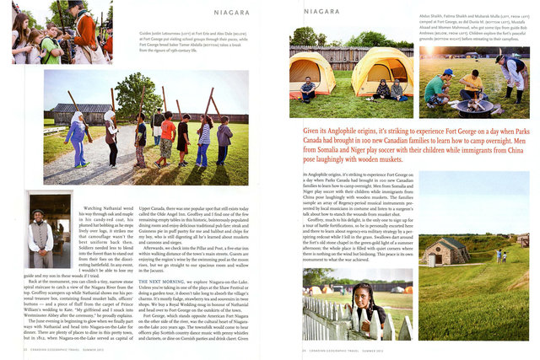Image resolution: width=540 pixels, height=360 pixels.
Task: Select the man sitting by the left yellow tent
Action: click(309, 88)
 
